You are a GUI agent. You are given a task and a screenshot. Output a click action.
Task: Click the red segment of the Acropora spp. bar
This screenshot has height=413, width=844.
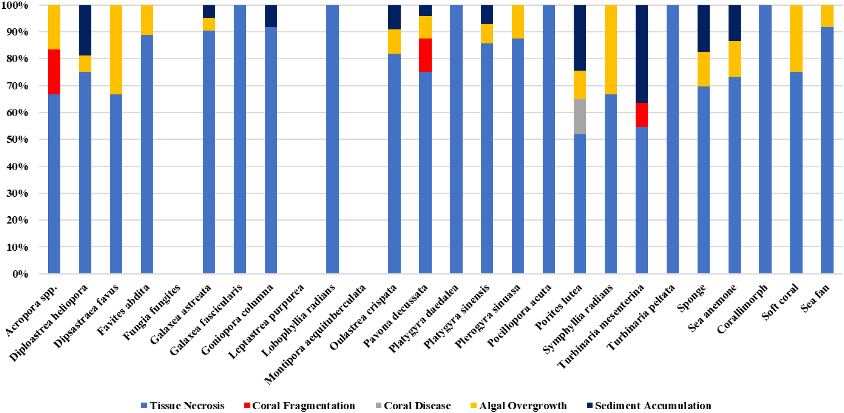point(54,72)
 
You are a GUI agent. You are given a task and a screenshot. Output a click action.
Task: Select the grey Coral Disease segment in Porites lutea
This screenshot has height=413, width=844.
point(580,116)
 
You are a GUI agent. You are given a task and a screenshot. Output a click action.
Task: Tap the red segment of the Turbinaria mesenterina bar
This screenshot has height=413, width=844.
point(641,115)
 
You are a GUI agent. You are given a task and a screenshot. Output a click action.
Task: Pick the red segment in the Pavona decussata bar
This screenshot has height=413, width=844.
point(425,55)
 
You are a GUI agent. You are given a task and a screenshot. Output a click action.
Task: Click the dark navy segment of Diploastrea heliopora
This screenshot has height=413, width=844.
point(85,30)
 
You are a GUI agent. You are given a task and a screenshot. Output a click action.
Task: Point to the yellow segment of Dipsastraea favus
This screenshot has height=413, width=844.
point(116,50)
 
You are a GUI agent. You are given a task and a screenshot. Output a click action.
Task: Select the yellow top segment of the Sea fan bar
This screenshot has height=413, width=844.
point(827,16)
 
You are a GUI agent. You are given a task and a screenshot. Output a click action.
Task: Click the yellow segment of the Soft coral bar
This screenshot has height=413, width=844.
point(796,38)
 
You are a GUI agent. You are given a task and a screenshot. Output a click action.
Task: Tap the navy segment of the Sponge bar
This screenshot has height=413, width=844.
point(704,28)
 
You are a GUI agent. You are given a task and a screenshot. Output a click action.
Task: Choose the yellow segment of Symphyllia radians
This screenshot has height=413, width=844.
point(610,50)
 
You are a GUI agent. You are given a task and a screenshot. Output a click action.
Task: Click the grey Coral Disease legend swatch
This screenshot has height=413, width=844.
point(378,405)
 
